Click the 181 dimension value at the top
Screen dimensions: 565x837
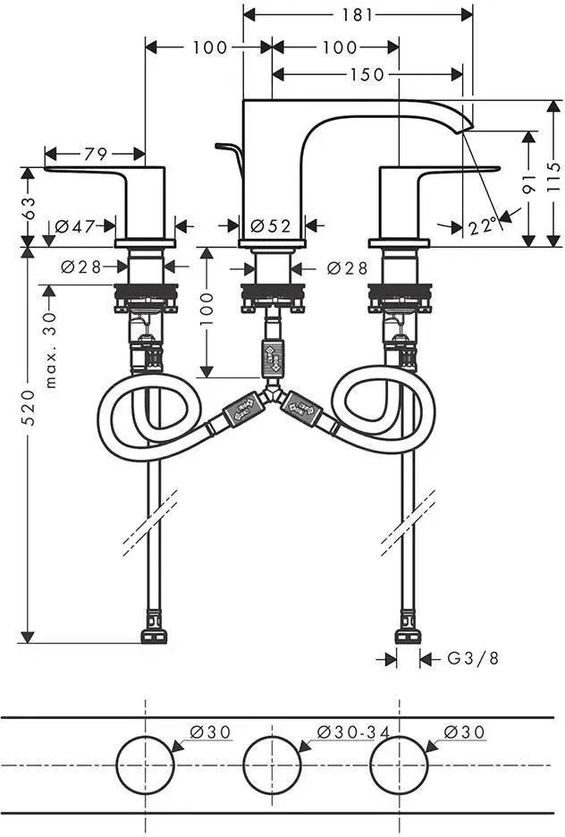[357, 15]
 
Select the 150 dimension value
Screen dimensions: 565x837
[367, 75]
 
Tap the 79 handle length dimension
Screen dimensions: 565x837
[96, 155]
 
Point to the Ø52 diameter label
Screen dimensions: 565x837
[271, 226]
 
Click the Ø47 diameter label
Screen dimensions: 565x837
[75, 226]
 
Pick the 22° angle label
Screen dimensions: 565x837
[482, 227]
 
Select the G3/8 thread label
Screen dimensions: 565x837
[473, 658]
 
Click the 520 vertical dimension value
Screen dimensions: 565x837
[29, 407]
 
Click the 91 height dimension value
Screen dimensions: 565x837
[527, 183]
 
